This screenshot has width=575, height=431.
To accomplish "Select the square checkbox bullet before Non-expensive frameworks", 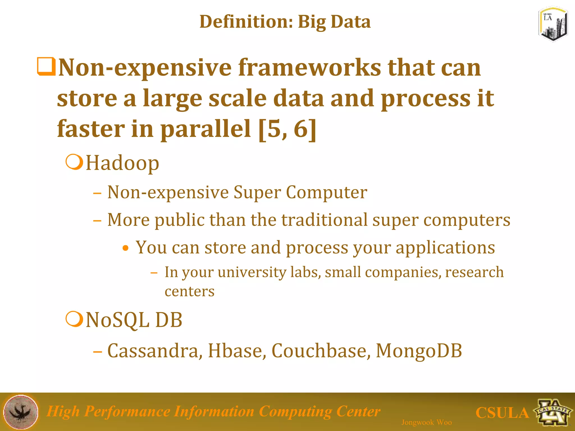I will (46, 67).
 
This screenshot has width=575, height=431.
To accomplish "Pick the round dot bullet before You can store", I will (126, 248).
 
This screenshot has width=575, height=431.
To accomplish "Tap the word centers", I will (190, 291).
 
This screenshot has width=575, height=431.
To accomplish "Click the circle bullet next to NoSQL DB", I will (74, 319).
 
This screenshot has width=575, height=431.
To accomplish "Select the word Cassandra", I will (155, 351).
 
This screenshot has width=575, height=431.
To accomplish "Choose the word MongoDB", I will (419, 351).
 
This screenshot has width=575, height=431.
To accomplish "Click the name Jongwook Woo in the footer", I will (426, 422).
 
